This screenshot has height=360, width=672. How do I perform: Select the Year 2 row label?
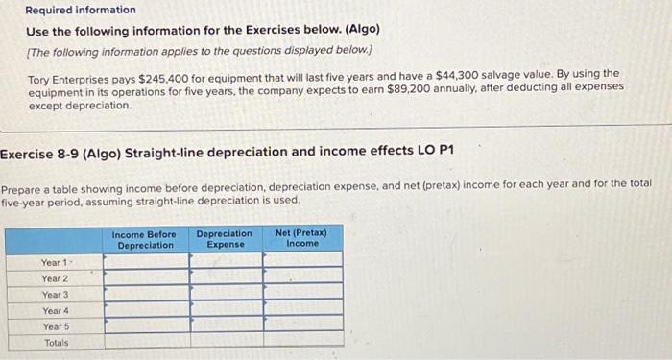click(x=55, y=277)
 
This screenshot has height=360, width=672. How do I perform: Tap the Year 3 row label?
click(x=55, y=294)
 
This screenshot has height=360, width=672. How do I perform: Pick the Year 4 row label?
click(x=55, y=310)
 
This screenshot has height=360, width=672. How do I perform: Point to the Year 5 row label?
click(x=55, y=326)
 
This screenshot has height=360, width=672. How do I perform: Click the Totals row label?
click(x=57, y=342)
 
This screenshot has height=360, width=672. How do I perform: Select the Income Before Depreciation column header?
click(x=144, y=239)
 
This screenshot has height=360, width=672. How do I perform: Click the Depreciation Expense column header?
click(x=224, y=239)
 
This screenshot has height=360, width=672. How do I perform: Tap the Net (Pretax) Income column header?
click(x=301, y=239)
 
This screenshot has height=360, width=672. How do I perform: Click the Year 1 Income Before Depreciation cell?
click(x=146, y=261)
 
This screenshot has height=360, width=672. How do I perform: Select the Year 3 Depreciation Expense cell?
click(x=226, y=294)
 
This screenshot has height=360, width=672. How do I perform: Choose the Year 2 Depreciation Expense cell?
click(x=226, y=277)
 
